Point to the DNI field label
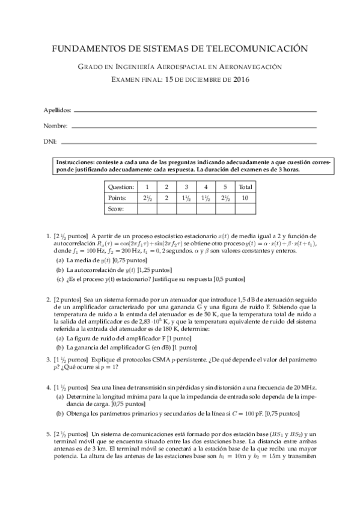tap(50, 142)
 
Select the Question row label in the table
tap(121, 187)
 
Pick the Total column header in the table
tap(245, 187)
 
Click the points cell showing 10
tap(245, 197)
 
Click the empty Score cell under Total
tap(245, 208)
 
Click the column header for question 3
tap(186, 187)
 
